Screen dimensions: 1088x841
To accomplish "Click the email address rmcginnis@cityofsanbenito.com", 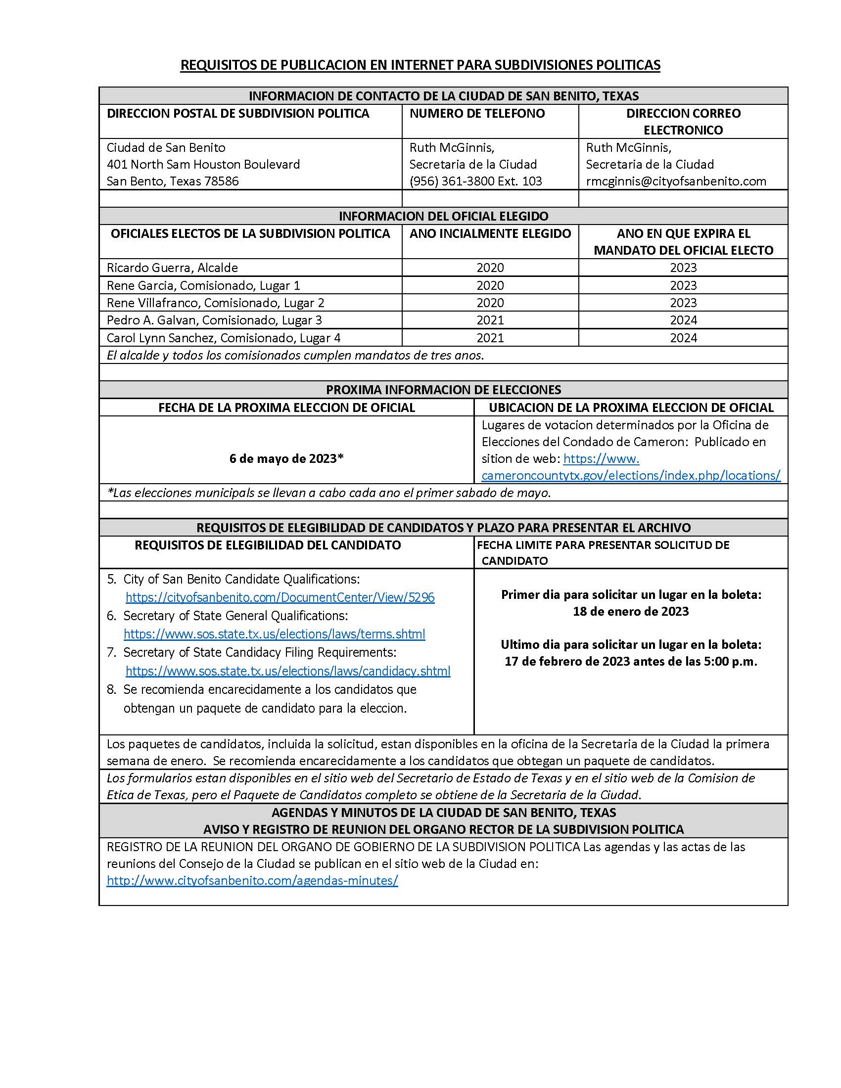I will coord(676,181).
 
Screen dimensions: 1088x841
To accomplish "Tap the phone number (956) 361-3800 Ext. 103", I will coord(475,181).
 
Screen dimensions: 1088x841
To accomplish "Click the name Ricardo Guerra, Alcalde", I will coord(172,268).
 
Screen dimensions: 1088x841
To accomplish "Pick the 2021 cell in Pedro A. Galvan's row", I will coord(490,320).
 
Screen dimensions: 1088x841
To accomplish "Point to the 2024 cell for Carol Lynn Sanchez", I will coord(683,338).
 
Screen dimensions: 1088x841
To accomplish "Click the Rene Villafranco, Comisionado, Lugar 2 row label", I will coord(215,302).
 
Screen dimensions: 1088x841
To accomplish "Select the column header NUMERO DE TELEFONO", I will coord(477,114).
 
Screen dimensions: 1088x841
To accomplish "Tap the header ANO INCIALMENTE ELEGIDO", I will coord(490,233).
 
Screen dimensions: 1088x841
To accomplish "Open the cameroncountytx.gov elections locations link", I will coord(630,475).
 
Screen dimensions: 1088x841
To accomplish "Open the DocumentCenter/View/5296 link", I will coord(280,597).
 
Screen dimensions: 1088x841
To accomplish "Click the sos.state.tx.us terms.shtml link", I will coord(274,634).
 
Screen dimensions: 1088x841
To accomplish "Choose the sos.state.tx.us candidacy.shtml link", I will coord(287,671).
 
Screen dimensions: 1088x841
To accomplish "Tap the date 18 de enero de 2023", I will coord(630,611).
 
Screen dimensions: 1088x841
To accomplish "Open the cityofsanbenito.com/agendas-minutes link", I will coord(252,880).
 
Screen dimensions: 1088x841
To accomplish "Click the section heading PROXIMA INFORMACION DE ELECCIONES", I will coord(443,390).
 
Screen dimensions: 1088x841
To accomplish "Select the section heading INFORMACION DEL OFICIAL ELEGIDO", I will coord(443,216).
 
